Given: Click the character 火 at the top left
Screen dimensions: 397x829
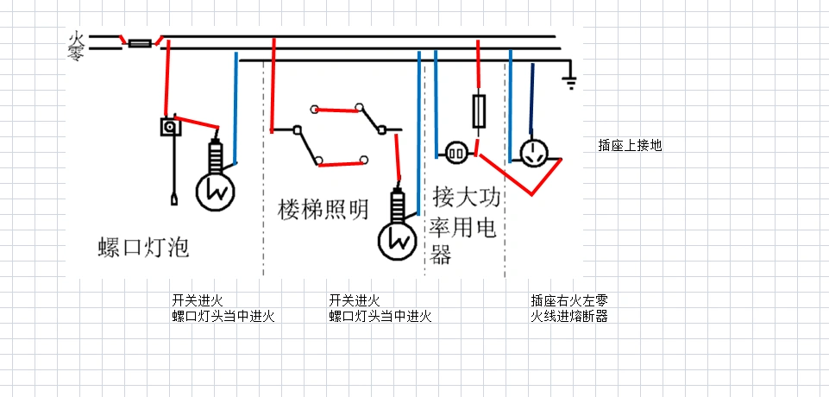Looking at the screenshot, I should pyautogui.click(x=76, y=38).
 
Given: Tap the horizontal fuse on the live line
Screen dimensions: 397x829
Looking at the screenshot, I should pyautogui.click(x=141, y=41).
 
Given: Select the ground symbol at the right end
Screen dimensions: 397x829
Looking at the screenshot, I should pyautogui.click(x=568, y=83).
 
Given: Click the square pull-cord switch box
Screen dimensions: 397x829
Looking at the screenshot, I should pyautogui.click(x=170, y=127).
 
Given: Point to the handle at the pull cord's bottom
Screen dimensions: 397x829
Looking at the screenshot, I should pyautogui.click(x=174, y=200).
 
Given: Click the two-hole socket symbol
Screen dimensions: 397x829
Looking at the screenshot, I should pyautogui.click(x=456, y=154).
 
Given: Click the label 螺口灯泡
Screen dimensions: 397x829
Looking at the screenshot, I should pyautogui.click(x=142, y=248).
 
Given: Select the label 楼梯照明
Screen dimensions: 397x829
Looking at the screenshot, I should pyautogui.click(x=323, y=210).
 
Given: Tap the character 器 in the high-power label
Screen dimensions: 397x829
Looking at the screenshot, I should pyautogui.click(x=442, y=255).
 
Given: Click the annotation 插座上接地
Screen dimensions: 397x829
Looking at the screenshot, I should pyautogui.click(x=630, y=146).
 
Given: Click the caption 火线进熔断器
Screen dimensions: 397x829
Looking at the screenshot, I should pyautogui.click(x=569, y=316).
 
